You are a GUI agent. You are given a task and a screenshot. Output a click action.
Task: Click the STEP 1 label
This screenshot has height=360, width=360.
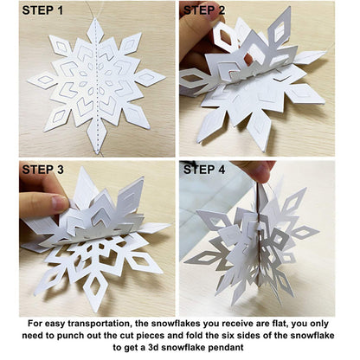coord(36,10)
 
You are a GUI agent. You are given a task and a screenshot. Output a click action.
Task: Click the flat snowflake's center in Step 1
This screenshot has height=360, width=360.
coord(95,82)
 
